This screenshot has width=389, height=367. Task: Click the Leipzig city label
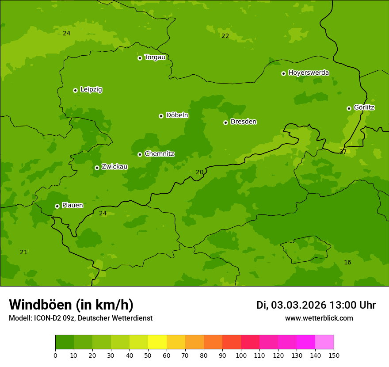[91, 90]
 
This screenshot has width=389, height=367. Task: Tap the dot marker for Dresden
[225, 122]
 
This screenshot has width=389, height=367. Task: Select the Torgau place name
[155, 57]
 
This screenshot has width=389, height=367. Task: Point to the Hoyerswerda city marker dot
[283, 73]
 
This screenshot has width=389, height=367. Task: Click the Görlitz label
[364, 107]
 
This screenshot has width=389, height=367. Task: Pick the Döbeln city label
[177, 115]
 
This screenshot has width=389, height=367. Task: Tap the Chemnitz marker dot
[140, 154]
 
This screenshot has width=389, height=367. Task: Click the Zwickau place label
[114, 167]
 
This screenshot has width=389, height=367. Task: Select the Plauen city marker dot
[57, 206]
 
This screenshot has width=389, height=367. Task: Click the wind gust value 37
[343, 152]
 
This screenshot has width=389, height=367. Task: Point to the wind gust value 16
[347, 263]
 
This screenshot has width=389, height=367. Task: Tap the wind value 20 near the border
[200, 172]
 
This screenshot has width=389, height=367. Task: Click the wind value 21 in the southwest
[24, 252]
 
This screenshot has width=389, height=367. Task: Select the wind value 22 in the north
[225, 36]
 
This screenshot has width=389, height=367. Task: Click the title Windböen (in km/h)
[71, 305]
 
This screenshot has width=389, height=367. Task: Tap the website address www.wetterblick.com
[319, 318]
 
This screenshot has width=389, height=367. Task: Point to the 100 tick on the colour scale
[241, 355]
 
